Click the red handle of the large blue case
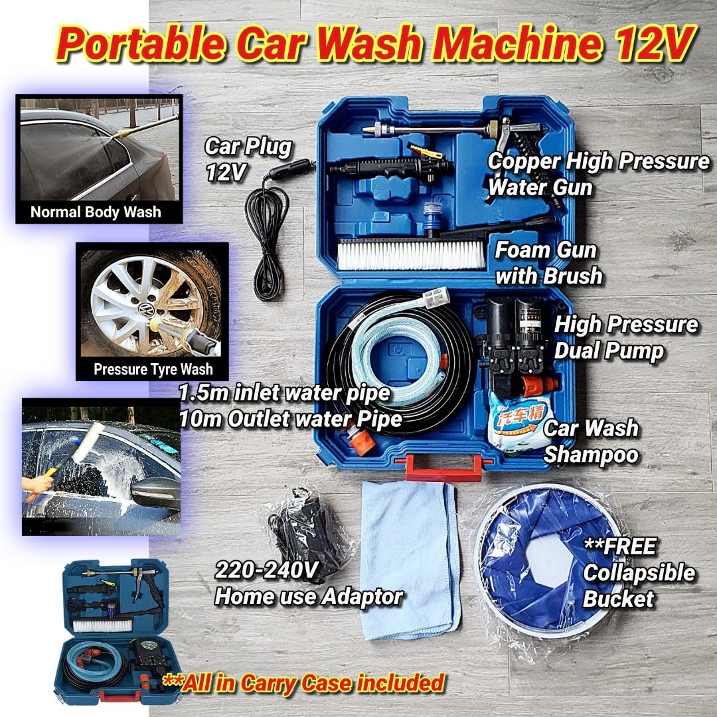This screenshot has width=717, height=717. pos(443,467)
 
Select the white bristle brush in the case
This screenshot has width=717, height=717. pos(411,255)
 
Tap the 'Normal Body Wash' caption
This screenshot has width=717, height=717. pos(96,212)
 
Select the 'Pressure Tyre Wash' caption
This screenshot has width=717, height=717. pos(153,369)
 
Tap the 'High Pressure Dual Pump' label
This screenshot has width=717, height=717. pos(625,337)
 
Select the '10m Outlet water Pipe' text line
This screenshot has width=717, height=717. pos(291,419)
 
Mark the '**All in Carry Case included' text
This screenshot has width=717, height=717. pos(303,683)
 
